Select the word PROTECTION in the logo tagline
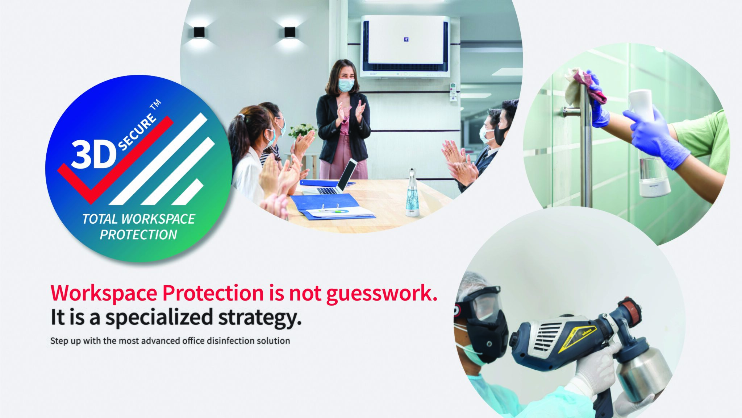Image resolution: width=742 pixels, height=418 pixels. tap(138, 235)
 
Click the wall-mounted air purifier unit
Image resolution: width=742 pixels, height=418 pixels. tap(405, 46)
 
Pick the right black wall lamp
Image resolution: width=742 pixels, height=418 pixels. tap(290, 32)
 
